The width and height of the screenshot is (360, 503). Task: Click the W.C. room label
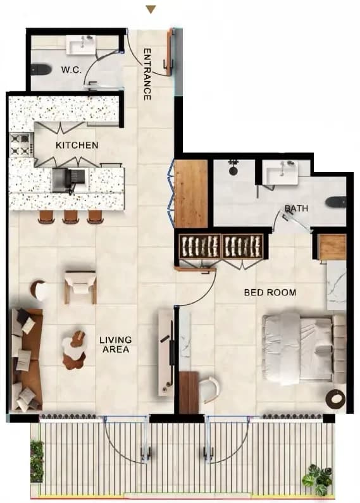[71, 70]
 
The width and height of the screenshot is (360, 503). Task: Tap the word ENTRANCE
[147, 74]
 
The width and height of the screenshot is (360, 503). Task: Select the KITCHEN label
[77, 145]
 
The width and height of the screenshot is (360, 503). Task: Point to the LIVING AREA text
[116, 344]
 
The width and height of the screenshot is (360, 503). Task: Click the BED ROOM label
[270, 292]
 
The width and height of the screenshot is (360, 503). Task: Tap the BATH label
[297, 209]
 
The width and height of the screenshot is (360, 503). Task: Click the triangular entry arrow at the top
[151, 9]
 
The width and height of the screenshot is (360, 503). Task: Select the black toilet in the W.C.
[41, 70]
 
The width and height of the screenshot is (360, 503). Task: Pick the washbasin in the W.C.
[81, 44]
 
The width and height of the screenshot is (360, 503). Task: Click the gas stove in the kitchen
[22, 145]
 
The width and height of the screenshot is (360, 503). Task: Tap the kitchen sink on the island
[69, 180]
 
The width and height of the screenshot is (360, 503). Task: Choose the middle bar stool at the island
[71, 216]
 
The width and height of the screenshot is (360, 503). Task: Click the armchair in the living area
[80, 287]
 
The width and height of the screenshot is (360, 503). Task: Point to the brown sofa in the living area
[27, 359]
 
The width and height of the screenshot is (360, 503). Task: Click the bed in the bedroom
[303, 349]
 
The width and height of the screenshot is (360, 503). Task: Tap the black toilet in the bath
[336, 202]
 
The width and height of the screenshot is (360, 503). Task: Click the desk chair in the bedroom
[210, 390]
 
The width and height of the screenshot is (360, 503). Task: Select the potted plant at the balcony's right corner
[318, 480]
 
